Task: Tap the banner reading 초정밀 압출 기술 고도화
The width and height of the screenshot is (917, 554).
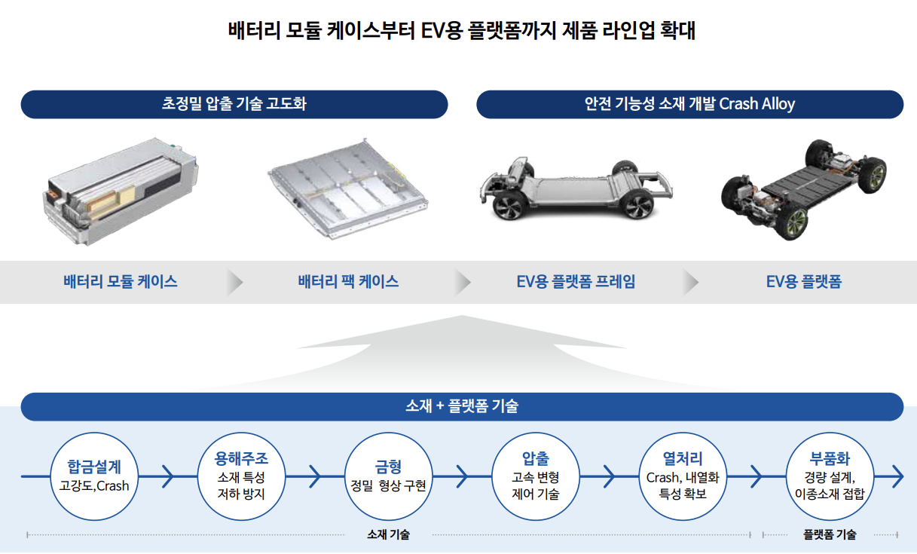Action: pyautogui.click(x=234, y=104)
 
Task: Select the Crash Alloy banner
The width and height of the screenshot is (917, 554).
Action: pyautogui.click(x=689, y=104)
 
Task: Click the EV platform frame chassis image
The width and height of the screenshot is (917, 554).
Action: pyautogui.click(x=574, y=189)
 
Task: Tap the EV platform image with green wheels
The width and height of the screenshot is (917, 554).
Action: pyautogui.click(x=803, y=188)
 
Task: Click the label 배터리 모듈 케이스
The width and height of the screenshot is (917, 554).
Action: pyautogui.click(x=121, y=282)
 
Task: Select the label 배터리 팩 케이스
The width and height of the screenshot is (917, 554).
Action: pyautogui.click(x=348, y=282)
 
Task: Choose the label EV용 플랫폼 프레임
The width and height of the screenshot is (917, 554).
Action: pyautogui.click(x=576, y=282)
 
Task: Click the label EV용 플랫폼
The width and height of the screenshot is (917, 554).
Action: pyautogui.click(x=803, y=282)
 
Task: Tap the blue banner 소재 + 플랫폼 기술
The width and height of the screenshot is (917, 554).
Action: pyautogui.click(x=461, y=406)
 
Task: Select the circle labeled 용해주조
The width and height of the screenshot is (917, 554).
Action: pyautogui.click(x=241, y=476)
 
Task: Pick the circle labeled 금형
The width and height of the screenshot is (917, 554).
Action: pyautogui.click(x=388, y=476)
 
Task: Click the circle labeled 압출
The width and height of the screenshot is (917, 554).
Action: pyautogui.click(x=535, y=476)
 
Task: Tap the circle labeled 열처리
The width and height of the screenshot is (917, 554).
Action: pyautogui.click(x=683, y=476)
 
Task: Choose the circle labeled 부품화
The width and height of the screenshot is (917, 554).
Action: pyautogui.click(x=830, y=476)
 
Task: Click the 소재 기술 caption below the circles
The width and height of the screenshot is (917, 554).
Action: pyautogui.click(x=388, y=535)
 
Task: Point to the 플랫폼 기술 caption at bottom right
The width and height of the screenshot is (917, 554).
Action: pyautogui.click(x=829, y=535)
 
